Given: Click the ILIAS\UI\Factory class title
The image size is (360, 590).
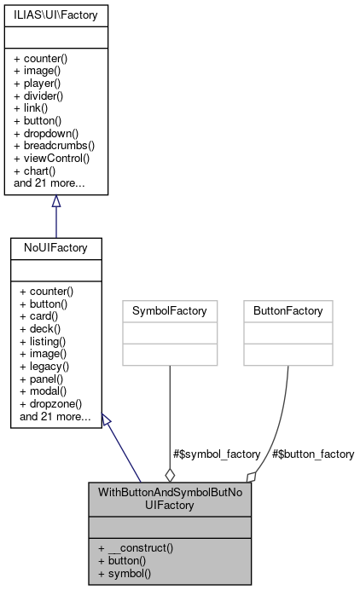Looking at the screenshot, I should [55, 14].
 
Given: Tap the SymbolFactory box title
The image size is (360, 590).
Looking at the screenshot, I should [170, 311].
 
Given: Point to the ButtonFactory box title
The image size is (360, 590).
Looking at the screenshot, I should [287, 311].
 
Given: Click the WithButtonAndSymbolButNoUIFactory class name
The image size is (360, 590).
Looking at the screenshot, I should [170, 500].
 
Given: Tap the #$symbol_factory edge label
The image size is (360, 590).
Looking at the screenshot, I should [218, 454].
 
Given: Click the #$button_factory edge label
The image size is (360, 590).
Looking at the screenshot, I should [311, 454].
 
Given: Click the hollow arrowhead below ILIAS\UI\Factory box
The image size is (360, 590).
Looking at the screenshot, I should [55, 201].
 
